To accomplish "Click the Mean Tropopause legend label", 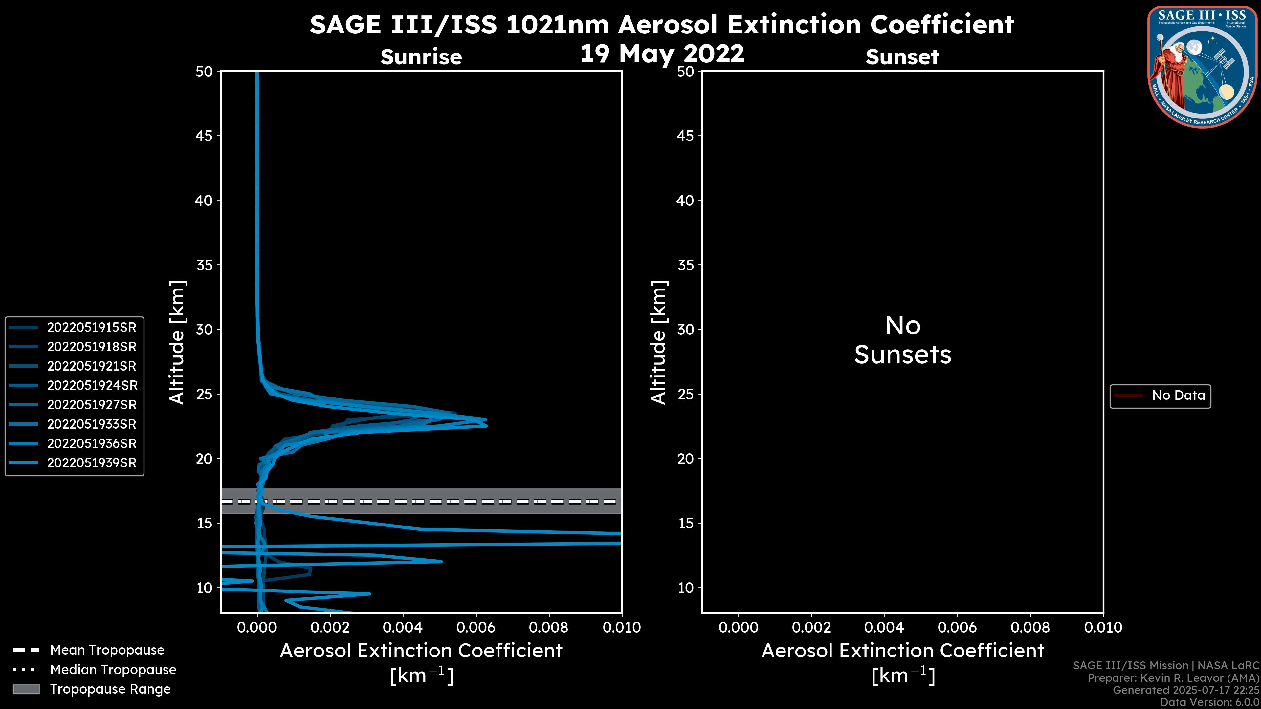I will (107, 650).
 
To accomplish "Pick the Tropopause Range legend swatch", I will (26, 689).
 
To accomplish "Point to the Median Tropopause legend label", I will (113, 670).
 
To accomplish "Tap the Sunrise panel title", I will (421, 57).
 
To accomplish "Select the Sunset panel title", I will (902, 57).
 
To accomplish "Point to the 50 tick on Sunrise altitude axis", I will (204, 72).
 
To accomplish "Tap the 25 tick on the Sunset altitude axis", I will (686, 394).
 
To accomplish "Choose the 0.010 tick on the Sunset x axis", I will (1103, 627).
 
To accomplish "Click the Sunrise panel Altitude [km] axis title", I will (177, 342).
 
